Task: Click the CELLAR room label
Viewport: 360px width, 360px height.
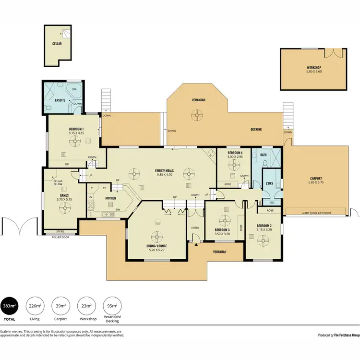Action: (x=57, y=44)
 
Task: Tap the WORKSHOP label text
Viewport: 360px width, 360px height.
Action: (x=313, y=67)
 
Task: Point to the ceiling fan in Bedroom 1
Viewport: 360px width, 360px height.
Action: (x=75, y=141)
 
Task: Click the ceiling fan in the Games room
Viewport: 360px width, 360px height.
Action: (x=63, y=208)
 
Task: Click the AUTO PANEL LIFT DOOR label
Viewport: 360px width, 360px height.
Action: (x=316, y=212)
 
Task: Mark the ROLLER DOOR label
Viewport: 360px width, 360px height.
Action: (x=60, y=237)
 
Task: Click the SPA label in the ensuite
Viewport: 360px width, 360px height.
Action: (x=74, y=89)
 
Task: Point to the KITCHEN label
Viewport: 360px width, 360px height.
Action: (x=111, y=198)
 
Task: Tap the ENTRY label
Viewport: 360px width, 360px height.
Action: (x=195, y=228)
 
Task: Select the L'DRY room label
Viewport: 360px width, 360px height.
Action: (x=269, y=183)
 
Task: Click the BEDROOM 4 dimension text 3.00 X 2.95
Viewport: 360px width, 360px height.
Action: (x=235, y=156)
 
